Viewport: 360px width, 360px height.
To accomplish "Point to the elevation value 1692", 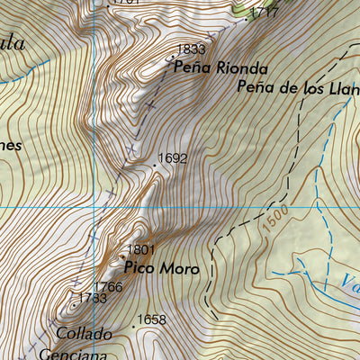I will coord(173,158).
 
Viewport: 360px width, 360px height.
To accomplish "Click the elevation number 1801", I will coord(141,249).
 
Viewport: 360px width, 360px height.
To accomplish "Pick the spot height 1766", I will coord(108,287).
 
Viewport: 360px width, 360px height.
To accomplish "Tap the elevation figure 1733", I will coord(93,298).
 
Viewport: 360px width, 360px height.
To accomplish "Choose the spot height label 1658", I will coord(152,319).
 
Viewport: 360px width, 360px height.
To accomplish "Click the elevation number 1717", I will coord(265,13).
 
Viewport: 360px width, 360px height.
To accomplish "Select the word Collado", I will coord(84,334).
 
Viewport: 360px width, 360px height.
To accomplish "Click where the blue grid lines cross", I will coord(94,207).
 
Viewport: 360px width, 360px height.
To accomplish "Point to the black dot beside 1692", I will coord(153,166).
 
